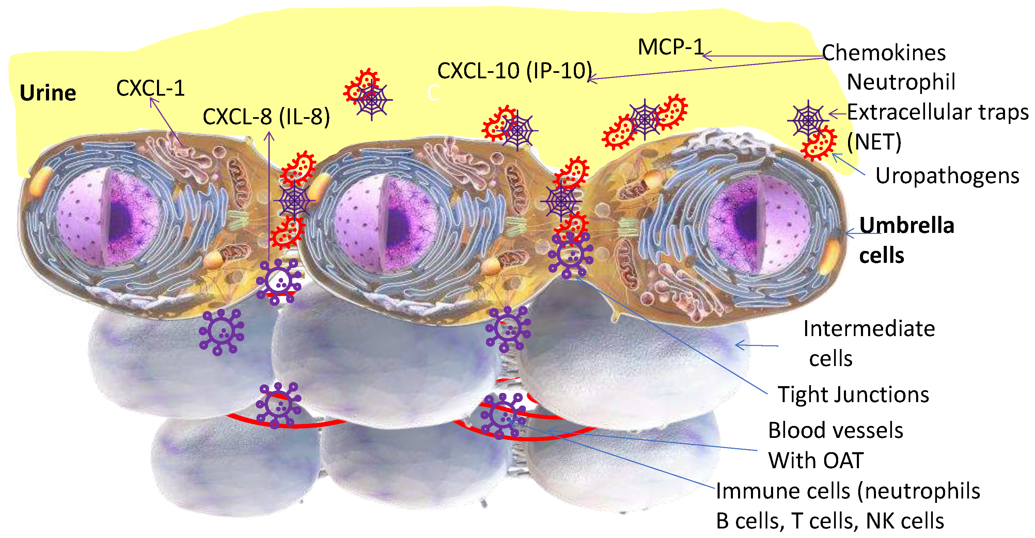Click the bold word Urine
coord(48,93)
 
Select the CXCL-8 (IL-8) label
coord(266,117)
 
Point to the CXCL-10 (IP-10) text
coord(514,71)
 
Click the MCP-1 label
coord(671,47)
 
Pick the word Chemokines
coord(883,53)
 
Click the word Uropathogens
coord(947,176)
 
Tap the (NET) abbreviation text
coord(874,142)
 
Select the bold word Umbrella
coord(906,225)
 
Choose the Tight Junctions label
coord(853,395)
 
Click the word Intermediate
coord(869,329)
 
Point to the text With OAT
coord(816,460)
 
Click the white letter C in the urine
coord(434,93)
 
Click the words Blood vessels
coord(835,431)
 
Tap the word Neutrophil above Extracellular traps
coord(901,82)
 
